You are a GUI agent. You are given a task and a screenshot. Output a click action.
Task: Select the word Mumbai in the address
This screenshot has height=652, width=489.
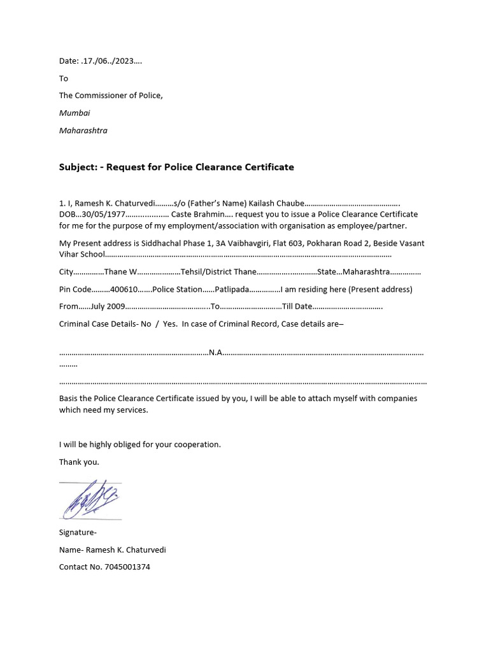(x=74, y=113)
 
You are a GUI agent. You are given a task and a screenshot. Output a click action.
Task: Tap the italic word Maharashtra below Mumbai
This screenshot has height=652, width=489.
(x=83, y=131)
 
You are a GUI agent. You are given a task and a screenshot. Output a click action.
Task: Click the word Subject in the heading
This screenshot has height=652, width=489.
(x=76, y=167)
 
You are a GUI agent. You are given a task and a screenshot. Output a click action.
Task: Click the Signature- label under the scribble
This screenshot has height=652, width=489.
(x=78, y=532)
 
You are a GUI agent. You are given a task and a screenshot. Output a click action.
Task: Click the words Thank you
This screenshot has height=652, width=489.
(x=79, y=462)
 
